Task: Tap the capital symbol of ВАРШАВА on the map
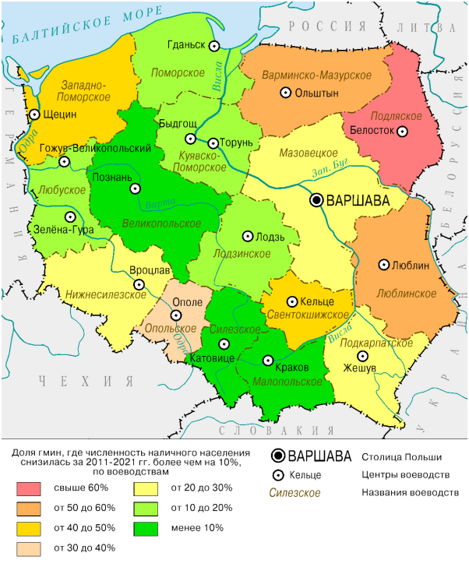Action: (317, 200)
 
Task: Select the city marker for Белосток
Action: (402, 132)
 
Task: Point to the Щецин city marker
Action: (34, 115)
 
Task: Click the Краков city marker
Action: (269, 361)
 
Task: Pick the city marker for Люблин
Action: (383, 265)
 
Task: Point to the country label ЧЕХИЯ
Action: (86, 381)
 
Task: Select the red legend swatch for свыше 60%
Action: (30, 488)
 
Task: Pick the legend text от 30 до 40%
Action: (85, 548)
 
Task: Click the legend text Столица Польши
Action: (401, 457)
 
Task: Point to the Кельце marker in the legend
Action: (277, 475)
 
